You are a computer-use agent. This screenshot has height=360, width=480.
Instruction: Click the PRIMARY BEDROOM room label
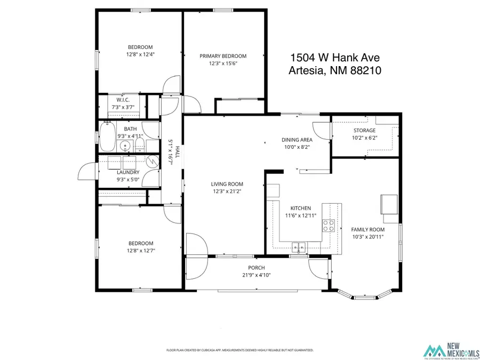coord(223,56)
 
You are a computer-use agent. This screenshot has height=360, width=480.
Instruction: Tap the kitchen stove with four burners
coord(328,226)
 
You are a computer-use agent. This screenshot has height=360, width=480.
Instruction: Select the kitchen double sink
coord(299,246)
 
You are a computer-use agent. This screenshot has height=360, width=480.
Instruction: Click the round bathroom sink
coord(126,145)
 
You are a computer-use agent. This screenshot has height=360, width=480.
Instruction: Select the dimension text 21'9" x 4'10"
coord(256,275)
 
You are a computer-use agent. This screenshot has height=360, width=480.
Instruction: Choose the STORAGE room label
coord(364,131)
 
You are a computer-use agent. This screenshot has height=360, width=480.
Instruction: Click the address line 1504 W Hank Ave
coord(334,58)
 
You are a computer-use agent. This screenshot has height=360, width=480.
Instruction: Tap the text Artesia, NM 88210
coord(334,70)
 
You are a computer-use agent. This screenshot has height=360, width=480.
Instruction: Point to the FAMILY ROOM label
coord(368,229)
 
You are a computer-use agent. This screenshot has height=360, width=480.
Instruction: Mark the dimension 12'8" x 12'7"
coord(140,250)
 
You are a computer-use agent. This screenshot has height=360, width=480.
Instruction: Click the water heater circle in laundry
coord(151,161)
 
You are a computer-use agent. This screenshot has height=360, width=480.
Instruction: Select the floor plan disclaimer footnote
coord(240,350)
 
